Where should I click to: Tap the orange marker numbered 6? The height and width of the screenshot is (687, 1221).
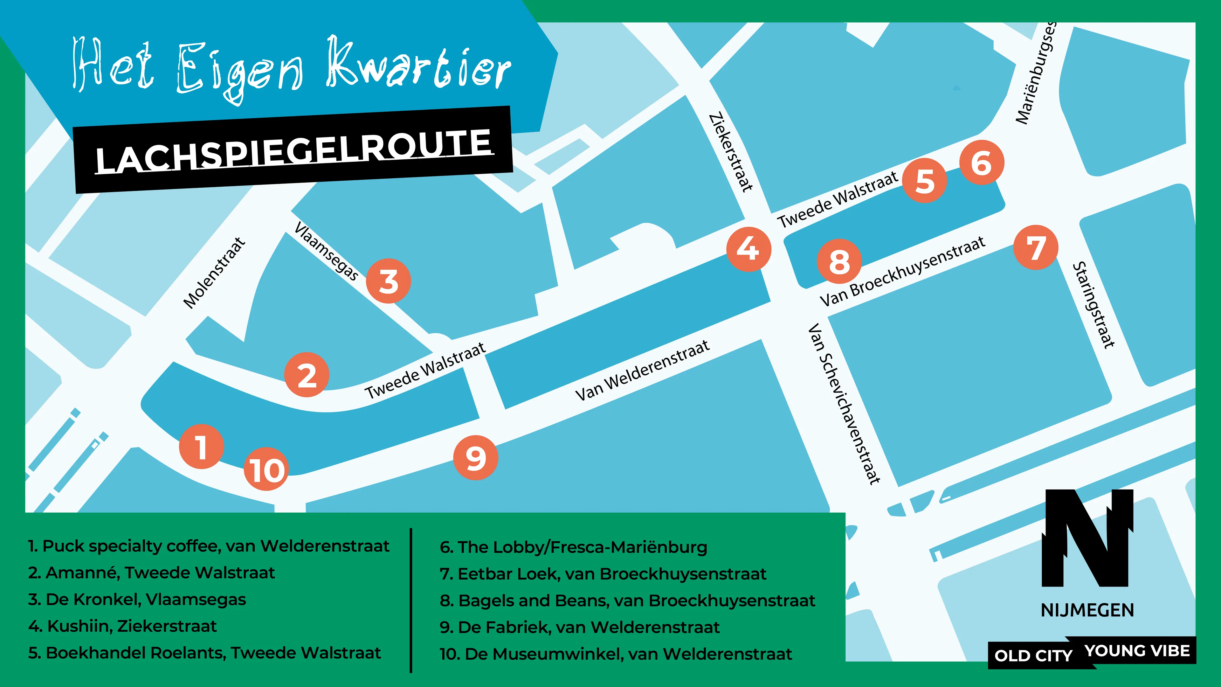click(981, 163)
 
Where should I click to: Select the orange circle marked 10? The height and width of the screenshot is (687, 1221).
click(266, 469)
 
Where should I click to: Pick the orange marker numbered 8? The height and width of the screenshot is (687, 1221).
click(839, 261)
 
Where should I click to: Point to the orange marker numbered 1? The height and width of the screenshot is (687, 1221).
click(202, 447)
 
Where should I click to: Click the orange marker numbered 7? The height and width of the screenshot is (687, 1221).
click(1036, 247)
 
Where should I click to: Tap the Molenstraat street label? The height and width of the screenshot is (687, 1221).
click(214, 273)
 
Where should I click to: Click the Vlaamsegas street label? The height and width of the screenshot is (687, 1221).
click(326, 251)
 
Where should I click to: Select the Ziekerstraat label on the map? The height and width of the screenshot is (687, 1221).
click(730, 152)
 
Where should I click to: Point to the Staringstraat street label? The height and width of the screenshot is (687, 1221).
click(1093, 305)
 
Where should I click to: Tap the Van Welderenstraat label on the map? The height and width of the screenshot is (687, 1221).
click(642, 370)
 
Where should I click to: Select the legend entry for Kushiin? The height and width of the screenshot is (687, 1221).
click(123, 626)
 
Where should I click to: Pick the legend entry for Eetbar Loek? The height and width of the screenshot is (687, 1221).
click(603, 574)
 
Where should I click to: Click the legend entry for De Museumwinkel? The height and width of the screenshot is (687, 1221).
click(616, 654)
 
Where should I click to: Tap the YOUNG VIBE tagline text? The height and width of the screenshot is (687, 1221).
click(1137, 651)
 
